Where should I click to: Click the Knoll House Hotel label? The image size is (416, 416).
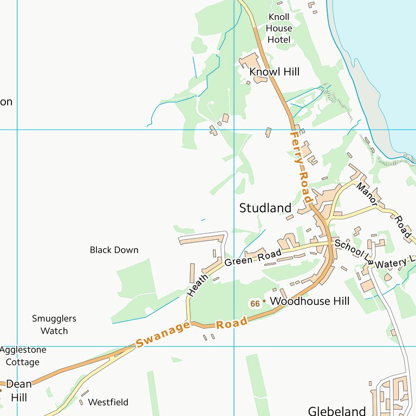[x=279, y=28]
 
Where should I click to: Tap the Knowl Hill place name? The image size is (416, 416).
[x=274, y=72]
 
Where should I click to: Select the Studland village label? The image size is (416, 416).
[x=265, y=208]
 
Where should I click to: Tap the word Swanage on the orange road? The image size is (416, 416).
[x=163, y=335]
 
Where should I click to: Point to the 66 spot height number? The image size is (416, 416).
[x=255, y=304]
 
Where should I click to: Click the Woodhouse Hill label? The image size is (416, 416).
[x=309, y=301]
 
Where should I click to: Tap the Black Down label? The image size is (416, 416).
[x=114, y=250]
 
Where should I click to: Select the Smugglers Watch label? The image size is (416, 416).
[x=54, y=324]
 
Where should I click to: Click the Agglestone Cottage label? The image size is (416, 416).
[x=23, y=356]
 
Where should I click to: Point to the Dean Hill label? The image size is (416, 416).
[x=18, y=391]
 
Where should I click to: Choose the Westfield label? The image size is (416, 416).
[x=108, y=402]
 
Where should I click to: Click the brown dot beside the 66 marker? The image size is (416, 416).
[x=264, y=301]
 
